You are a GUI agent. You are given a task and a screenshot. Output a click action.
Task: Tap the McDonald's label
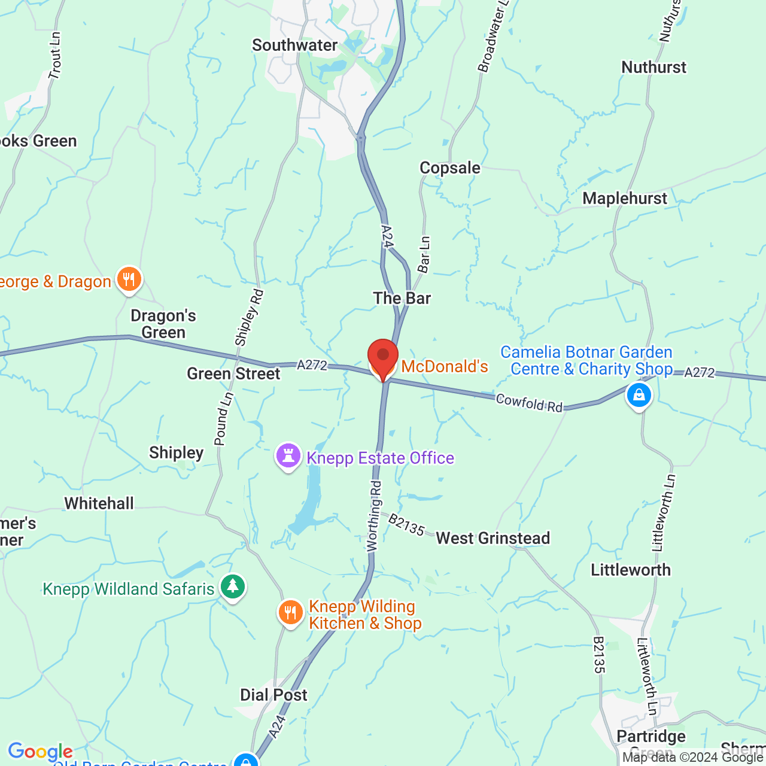point(444,366)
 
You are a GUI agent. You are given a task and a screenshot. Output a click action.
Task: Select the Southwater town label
point(294,45)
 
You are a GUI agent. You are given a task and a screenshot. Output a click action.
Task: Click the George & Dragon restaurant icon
point(129,279)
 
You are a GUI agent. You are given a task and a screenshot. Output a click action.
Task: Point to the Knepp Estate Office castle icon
point(288,456)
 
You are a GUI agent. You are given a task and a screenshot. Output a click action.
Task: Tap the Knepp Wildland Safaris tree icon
point(233,587)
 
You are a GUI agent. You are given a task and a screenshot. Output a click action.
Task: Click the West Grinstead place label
point(493,538)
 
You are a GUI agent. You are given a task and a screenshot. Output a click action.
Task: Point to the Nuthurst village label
point(653,67)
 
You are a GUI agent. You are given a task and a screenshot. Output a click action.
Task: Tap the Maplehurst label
point(624,199)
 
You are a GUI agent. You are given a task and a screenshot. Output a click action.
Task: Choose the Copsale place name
point(449,168)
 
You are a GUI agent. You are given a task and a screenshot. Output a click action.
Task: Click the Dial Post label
point(273,695)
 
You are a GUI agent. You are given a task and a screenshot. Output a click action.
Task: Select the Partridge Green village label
point(651,737)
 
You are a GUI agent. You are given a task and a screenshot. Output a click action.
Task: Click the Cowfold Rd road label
point(529,403)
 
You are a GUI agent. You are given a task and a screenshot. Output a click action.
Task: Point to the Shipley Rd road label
point(250,318)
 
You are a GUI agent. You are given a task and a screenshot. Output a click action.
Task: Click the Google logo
point(40,752)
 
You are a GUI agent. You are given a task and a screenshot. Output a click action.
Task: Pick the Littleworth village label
point(631,570)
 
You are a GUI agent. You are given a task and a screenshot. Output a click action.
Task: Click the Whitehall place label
point(99,503)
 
